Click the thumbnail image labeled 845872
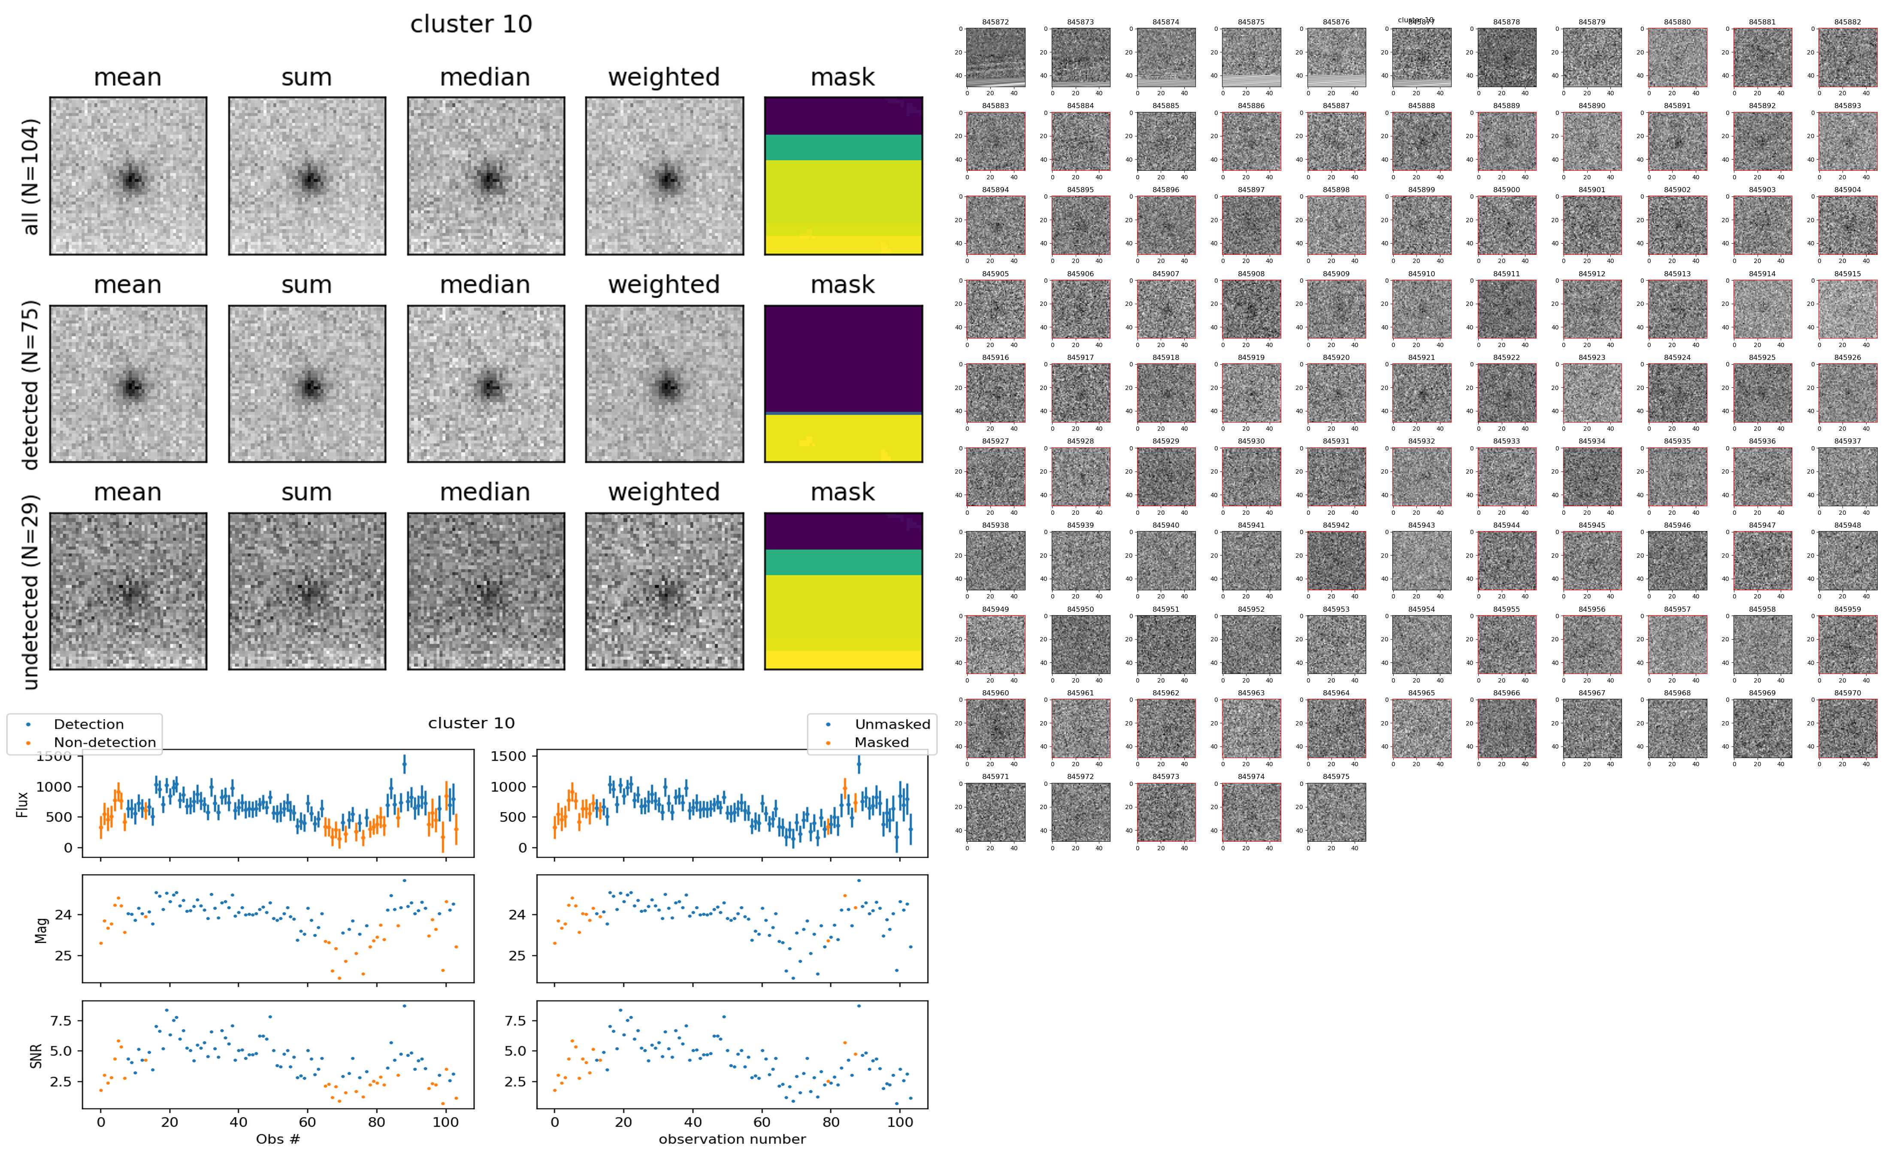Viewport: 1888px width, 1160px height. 995,57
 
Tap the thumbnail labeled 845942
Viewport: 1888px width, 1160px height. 1336,561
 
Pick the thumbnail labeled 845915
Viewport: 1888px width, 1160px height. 1847,309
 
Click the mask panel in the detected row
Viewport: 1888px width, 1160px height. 843,384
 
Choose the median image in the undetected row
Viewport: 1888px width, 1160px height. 486,591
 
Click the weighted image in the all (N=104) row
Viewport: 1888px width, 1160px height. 664,176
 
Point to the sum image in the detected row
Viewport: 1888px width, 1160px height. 307,384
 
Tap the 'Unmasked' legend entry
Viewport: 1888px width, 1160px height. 892,724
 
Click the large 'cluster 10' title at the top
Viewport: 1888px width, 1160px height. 471,24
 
